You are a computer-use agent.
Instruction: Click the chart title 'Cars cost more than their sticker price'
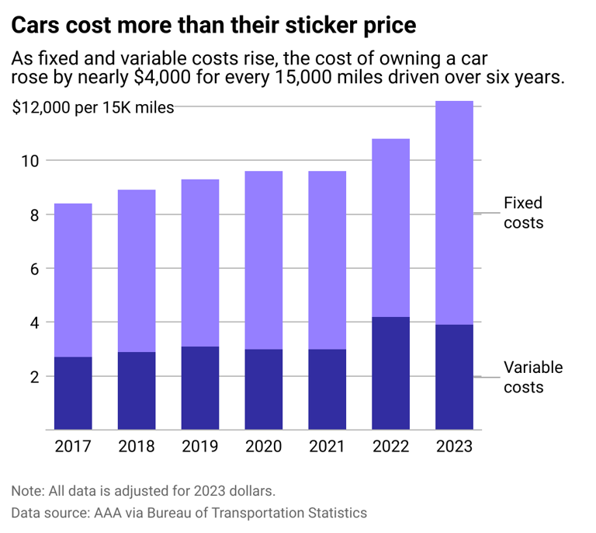pyautogui.click(x=214, y=26)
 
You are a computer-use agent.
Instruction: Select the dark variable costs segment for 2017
pyautogui.click(x=73, y=393)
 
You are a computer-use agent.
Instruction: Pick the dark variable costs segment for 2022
pyautogui.click(x=390, y=373)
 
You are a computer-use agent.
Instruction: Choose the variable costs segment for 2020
pyautogui.click(x=264, y=389)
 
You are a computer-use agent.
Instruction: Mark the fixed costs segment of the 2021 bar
pyautogui.click(x=327, y=260)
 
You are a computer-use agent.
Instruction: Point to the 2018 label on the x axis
pyautogui.click(x=137, y=447)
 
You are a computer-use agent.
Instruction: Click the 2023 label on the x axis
pyautogui.click(x=454, y=447)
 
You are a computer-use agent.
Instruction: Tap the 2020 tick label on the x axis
pyautogui.click(x=264, y=447)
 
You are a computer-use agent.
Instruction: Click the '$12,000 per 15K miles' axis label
pyautogui.click(x=93, y=108)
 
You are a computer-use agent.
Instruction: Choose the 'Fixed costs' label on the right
pyautogui.click(x=523, y=213)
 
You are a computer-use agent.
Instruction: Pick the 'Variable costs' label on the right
pyautogui.click(x=533, y=377)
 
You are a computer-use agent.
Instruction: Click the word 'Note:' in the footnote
pyautogui.click(x=29, y=491)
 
